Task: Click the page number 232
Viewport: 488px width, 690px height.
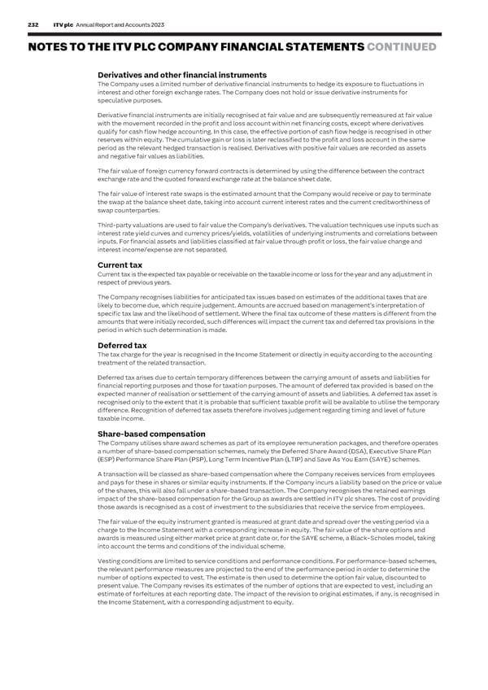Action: tap(33, 25)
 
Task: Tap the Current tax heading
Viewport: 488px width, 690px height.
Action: tap(120, 265)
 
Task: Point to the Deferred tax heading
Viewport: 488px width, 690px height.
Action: tap(123, 345)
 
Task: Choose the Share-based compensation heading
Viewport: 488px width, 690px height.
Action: tap(151, 434)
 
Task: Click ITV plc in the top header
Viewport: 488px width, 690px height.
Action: tap(65, 25)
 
